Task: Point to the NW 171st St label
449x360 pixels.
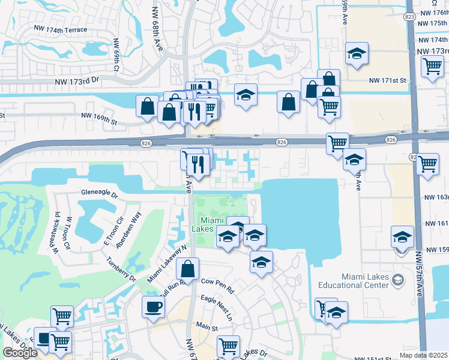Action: pos(387,80)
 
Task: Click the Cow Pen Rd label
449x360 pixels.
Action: pos(217,281)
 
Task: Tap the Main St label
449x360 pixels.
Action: pos(206,328)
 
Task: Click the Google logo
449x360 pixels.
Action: pos(20,352)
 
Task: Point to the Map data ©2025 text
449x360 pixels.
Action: pos(423,355)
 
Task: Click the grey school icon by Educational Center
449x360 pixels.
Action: pos(397,280)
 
